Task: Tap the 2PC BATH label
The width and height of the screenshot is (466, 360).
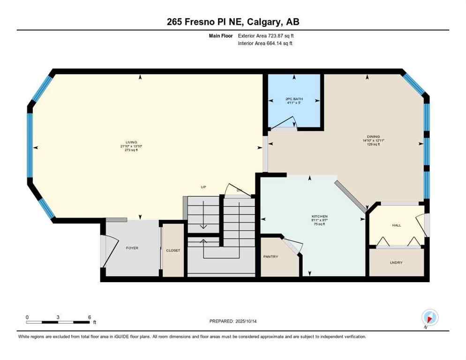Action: (x=293, y=99)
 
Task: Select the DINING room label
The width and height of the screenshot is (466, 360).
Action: (x=373, y=136)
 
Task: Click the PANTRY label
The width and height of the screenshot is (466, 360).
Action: (x=271, y=256)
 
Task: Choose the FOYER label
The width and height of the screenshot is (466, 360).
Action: (x=132, y=248)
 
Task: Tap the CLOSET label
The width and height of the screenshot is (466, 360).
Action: (x=173, y=250)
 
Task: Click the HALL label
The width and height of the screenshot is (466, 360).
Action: (x=397, y=225)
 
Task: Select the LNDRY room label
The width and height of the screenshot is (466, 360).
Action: (x=396, y=262)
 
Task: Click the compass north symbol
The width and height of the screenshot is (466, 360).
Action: (x=429, y=318)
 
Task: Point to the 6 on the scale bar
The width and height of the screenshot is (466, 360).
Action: (x=89, y=317)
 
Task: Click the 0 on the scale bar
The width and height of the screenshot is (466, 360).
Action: (x=27, y=317)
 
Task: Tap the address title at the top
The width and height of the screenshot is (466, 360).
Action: (x=233, y=22)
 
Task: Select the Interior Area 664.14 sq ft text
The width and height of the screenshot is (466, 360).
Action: (x=266, y=43)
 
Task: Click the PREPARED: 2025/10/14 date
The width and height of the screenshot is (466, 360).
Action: (x=233, y=321)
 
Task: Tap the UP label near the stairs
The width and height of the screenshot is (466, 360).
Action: (x=203, y=187)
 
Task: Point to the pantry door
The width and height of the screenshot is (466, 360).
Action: (x=293, y=247)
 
